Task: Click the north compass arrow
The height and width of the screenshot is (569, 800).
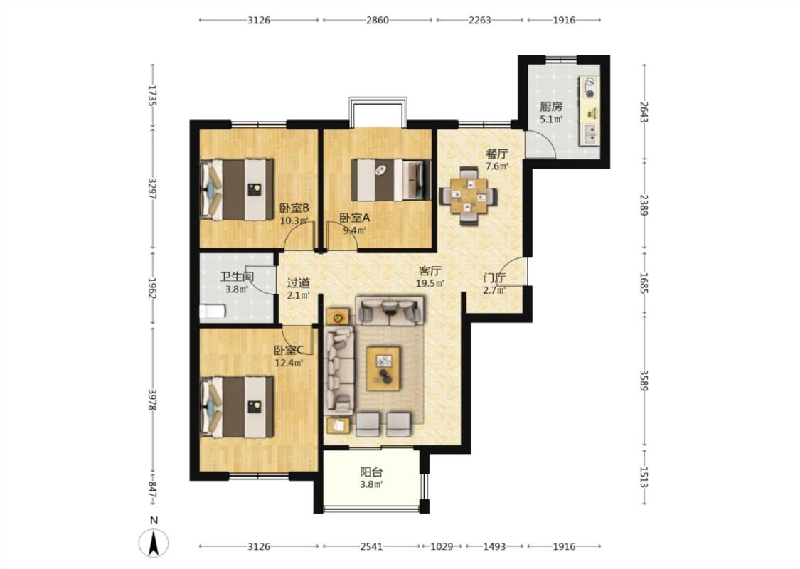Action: tap(154, 543)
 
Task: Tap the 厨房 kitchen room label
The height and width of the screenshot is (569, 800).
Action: tap(551, 107)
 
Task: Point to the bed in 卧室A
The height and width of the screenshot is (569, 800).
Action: tap(390, 180)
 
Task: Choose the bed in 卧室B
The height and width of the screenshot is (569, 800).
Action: tap(238, 190)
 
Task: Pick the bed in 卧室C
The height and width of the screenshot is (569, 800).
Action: tap(238, 408)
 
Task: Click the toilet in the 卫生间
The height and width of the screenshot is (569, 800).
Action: tap(212, 312)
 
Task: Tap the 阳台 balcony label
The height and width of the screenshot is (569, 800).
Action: tap(371, 472)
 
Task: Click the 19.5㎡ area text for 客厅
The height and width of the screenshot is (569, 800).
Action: tap(430, 283)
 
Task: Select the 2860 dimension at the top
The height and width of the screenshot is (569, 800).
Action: tap(377, 21)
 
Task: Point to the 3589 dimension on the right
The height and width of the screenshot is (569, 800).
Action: tap(644, 381)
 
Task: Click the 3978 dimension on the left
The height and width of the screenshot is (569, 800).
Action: tap(153, 400)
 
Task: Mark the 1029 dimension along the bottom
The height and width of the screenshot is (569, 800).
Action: tap(442, 546)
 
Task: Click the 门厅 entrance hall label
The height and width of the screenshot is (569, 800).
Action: tap(494, 278)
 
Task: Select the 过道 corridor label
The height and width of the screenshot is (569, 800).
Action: tap(298, 282)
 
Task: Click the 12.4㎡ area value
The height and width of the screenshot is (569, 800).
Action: tap(289, 363)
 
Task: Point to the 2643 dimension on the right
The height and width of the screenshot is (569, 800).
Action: tap(644, 111)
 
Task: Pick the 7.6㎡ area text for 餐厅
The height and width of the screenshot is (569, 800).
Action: tap(497, 166)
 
